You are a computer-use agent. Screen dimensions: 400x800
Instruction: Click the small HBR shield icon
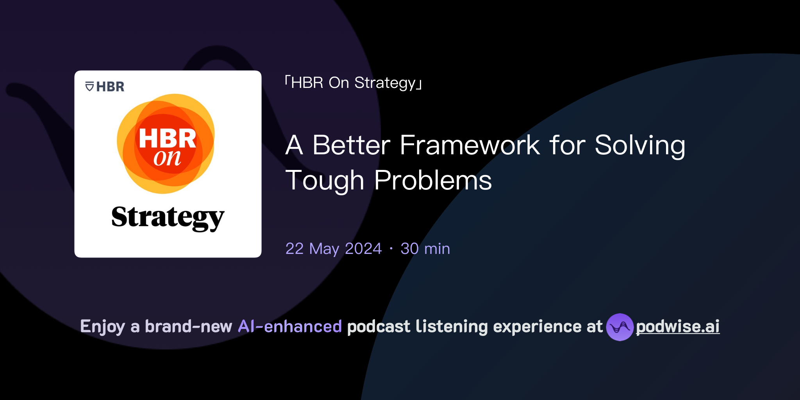tap(89, 87)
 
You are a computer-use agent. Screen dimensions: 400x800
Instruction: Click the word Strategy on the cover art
tap(168, 217)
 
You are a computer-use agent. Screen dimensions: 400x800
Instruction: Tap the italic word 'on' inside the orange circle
tap(167, 158)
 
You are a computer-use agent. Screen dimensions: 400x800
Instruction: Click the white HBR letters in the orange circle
tap(168, 138)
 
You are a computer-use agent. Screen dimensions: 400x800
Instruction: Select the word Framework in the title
tap(470, 145)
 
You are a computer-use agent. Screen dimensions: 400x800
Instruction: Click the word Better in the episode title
tap(351, 145)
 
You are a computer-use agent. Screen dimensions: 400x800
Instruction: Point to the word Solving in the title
tap(640, 145)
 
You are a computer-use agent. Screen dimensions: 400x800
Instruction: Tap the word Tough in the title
tap(325, 180)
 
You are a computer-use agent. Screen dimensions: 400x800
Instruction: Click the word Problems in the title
tap(433, 180)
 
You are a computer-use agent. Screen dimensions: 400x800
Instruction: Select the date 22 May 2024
tap(333, 249)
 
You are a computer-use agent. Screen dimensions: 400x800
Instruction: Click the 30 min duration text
tap(425, 249)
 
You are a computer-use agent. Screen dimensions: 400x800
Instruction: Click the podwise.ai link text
tap(677, 327)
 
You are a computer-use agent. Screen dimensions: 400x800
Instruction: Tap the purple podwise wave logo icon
tap(620, 327)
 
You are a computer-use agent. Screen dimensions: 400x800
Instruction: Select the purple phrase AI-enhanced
tap(290, 327)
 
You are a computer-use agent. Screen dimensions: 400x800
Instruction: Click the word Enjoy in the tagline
tap(102, 327)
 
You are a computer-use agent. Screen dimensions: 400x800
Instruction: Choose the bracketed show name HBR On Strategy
tap(354, 83)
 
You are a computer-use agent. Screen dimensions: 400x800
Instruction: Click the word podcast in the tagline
tap(379, 327)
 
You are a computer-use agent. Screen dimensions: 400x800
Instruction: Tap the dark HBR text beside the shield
tap(110, 87)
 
